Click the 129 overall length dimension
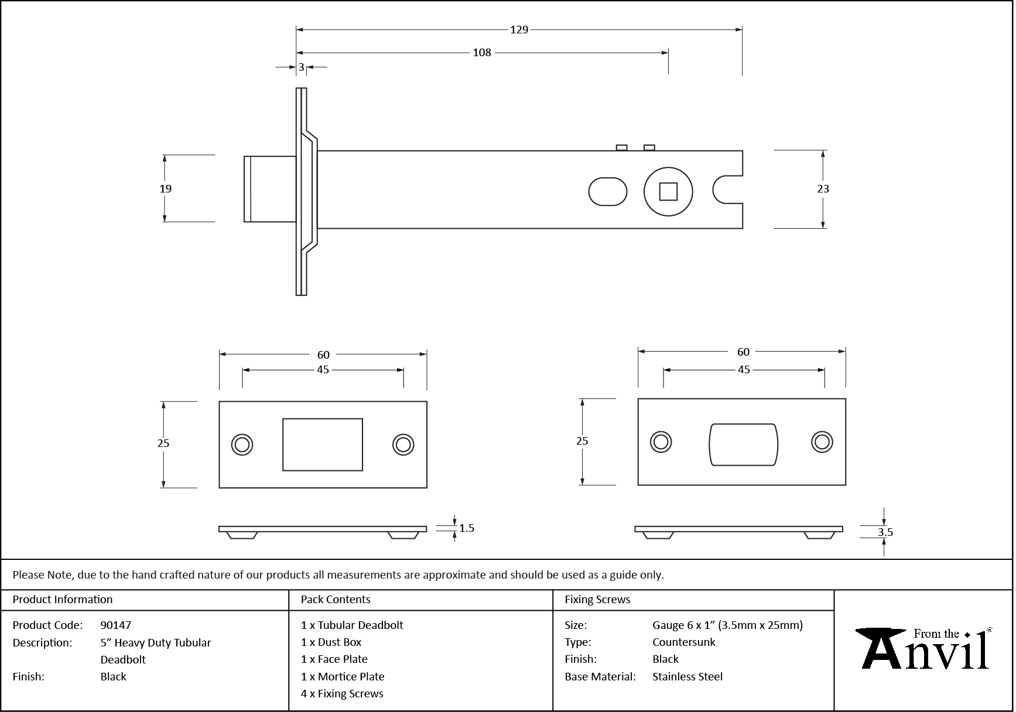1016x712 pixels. [x=519, y=30]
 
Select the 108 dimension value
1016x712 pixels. [x=481, y=53]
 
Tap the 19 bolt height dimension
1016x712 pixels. [x=166, y=188]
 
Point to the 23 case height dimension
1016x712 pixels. [x=823, y=188]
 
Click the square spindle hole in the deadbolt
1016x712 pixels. [x=668, y=192]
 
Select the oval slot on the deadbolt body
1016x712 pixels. [x=607, y=192]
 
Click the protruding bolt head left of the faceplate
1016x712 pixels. [x=269, y=189]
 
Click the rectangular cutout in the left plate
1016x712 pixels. [x=323, y=445]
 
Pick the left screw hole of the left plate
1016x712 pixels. [x=242, y=445]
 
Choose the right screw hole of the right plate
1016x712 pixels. [x=822, y=442]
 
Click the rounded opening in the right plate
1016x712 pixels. [x=743, y=444]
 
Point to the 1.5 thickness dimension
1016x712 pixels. [x=467, y=528]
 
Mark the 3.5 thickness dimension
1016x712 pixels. [x=885, y=532]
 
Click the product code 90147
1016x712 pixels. [x=116, y=625]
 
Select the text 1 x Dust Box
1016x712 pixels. [x=331, y=642]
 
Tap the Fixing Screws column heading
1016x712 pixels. [x=597, y=600]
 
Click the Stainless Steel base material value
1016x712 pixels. [x=687, y=676]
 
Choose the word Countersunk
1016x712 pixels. [x=683, y=642]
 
